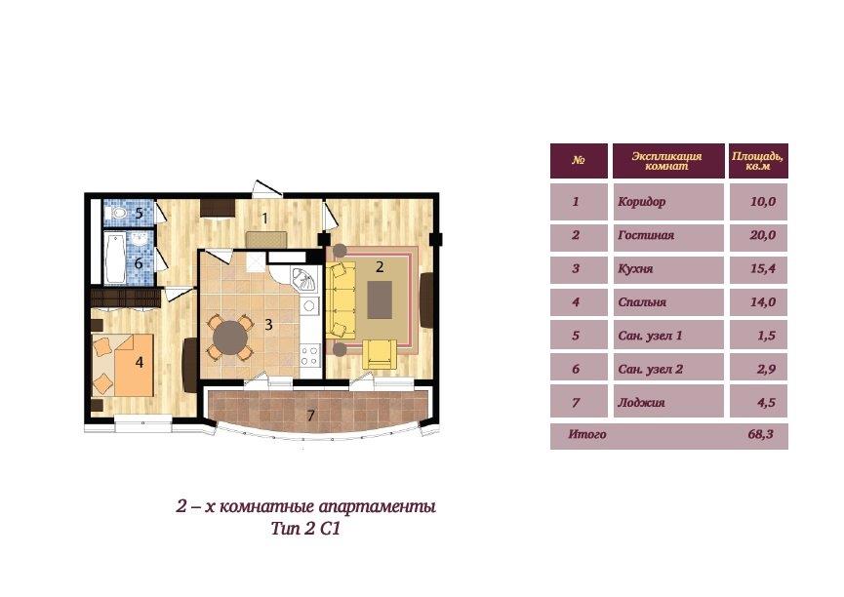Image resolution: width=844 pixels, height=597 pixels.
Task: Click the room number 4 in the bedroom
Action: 140,362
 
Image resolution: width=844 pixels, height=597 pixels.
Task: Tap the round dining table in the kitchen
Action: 230,338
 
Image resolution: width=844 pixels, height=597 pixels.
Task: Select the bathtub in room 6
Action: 115,258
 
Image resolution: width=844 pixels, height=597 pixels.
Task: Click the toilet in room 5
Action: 118,214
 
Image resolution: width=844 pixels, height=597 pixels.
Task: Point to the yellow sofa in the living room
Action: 341,300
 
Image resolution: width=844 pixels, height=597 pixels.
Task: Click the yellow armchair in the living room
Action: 380,354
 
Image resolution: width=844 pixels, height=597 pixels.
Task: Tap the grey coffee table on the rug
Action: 380,299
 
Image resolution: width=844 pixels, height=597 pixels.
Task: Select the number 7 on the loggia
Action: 310,415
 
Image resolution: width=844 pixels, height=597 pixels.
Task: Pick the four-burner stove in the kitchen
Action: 310,355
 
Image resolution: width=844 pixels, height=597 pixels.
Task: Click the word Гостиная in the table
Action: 646,235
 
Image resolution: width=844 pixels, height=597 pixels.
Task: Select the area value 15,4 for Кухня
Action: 763,268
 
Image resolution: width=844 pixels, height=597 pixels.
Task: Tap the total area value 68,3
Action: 760,434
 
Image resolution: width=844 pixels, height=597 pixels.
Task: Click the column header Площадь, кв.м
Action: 757,161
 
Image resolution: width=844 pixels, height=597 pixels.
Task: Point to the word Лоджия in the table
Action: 641,403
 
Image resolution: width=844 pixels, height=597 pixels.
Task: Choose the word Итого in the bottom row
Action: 587,434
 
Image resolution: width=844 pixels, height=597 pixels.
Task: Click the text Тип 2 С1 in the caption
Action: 305,529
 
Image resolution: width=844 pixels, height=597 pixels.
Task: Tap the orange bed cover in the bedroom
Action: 135,366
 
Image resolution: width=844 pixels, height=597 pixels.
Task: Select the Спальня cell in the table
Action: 668,302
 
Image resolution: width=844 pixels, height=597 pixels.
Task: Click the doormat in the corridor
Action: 266,240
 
